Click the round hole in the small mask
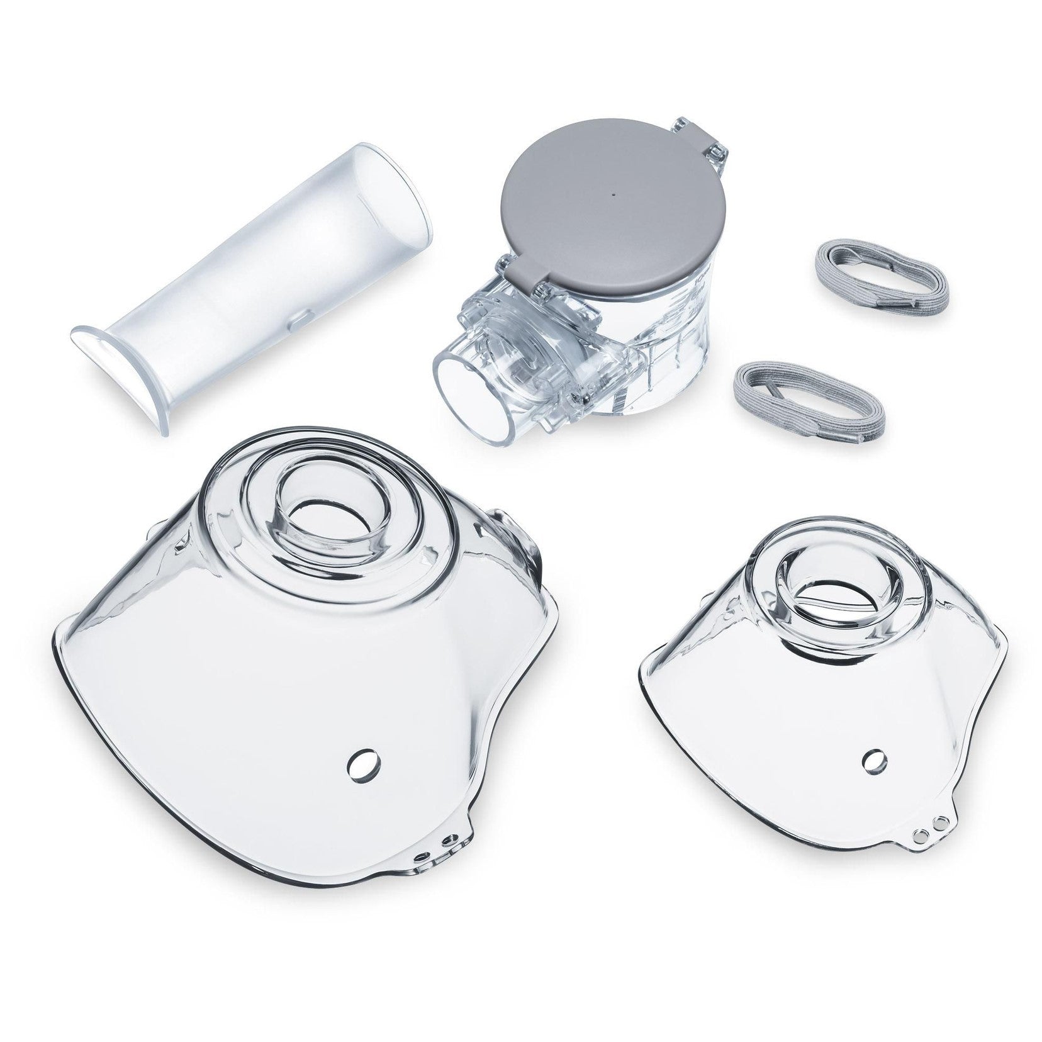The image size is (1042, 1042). (872, 759)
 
